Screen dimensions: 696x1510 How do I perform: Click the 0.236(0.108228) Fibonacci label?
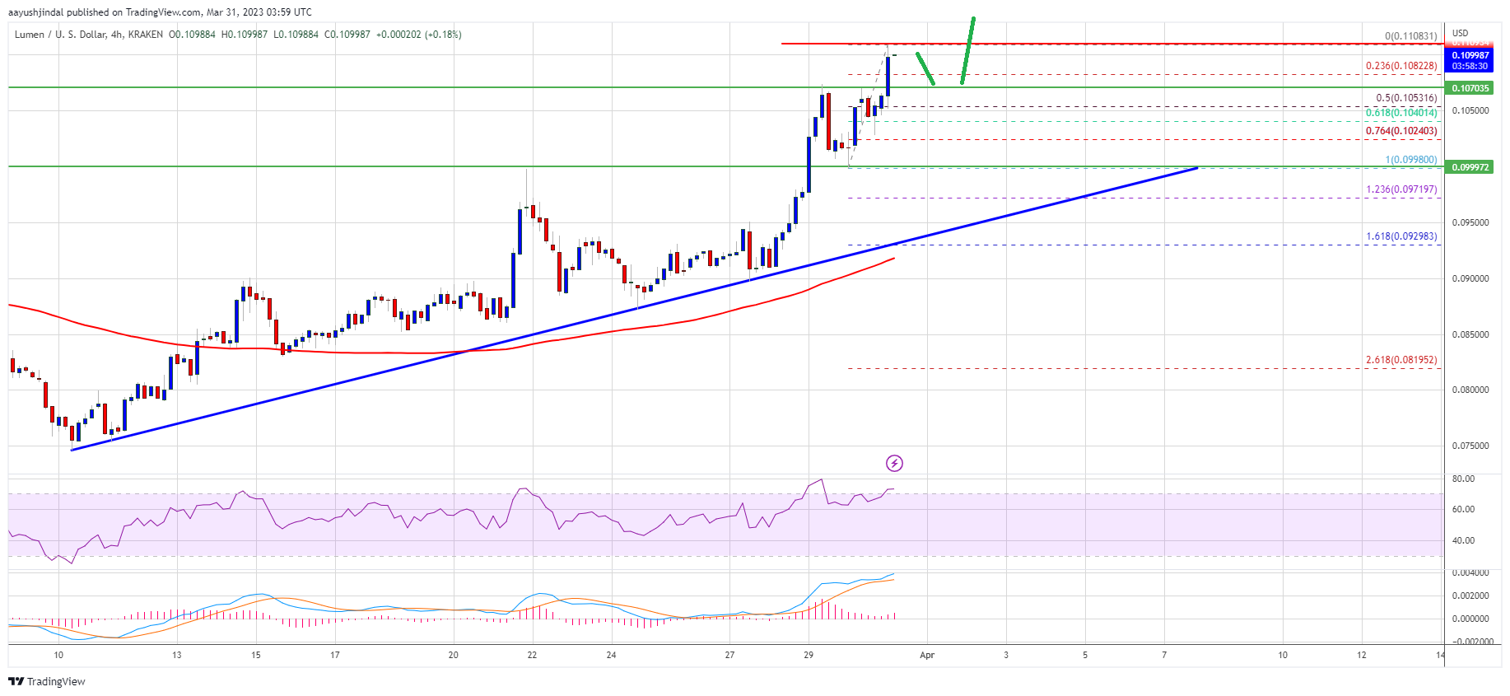(x=1401, y=66)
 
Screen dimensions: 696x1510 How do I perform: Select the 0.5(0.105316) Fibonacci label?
(x=1406, y=98)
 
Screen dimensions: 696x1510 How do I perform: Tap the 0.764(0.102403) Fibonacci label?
(x=1401, y=131)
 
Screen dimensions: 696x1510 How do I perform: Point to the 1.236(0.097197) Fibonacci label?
(x=1401, y=189)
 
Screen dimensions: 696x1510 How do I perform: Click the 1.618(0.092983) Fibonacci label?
(x=1401, y=236)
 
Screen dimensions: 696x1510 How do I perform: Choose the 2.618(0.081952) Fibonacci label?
(x=1401, y=360)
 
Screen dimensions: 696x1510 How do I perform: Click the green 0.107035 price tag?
(x=1470, y=88)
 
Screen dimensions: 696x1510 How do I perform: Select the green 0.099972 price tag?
(x=1470, y=167)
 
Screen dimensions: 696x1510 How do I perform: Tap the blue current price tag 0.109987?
(x=1470, y=56)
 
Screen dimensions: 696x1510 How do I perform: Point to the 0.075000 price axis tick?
(x=1470, y=446)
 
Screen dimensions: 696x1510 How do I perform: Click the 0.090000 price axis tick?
(x=1470, y=278)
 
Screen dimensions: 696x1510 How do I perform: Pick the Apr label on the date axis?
(x=927, y=656)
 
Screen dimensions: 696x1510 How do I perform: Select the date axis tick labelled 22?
(x=533, y=656)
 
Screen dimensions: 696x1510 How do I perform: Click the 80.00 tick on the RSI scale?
(x=1463, y=479)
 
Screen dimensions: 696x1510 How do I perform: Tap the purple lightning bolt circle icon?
(x=894, y=463)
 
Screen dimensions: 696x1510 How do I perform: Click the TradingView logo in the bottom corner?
(x=47, y=681)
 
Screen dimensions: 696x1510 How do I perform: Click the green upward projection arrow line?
(x=967, y=51)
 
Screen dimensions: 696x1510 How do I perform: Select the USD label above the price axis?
(x=1460, y=34)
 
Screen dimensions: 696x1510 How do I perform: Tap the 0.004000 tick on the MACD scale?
(x=1470, y=572)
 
